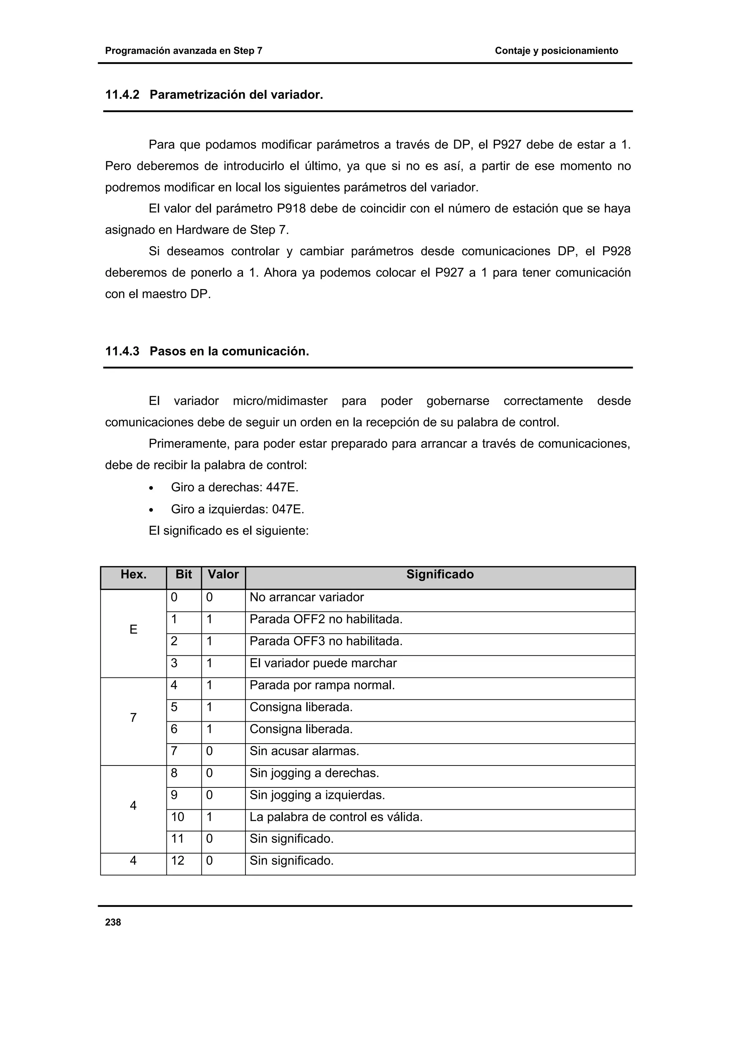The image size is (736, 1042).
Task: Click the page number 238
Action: (x=113, y=922)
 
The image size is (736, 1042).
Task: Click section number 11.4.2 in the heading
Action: (x=122, y=95)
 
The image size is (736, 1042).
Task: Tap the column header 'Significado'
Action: (x=440, y=575)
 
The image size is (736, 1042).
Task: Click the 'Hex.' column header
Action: (x=133, y=575)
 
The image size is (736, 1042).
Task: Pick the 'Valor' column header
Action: (x=223, y=575)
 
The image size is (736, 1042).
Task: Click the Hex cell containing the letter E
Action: (x=133, y=630)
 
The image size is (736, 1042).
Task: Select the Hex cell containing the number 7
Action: (x=133, y=718)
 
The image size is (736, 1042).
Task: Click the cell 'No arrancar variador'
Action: (x=307, y=597)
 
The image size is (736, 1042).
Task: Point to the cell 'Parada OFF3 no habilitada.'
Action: (x=326, y=641)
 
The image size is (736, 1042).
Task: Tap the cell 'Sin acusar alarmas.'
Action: (x=304, y=751)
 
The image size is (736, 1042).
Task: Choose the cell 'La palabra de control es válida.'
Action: (x=336, y=817)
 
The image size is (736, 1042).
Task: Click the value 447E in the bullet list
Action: (x=282, y=488)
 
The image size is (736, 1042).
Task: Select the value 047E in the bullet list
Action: (x=287, y=509)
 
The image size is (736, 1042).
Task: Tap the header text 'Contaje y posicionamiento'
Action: (x=556, y=51)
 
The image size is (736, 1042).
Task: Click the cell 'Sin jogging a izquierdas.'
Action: (x=317, y=795)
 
